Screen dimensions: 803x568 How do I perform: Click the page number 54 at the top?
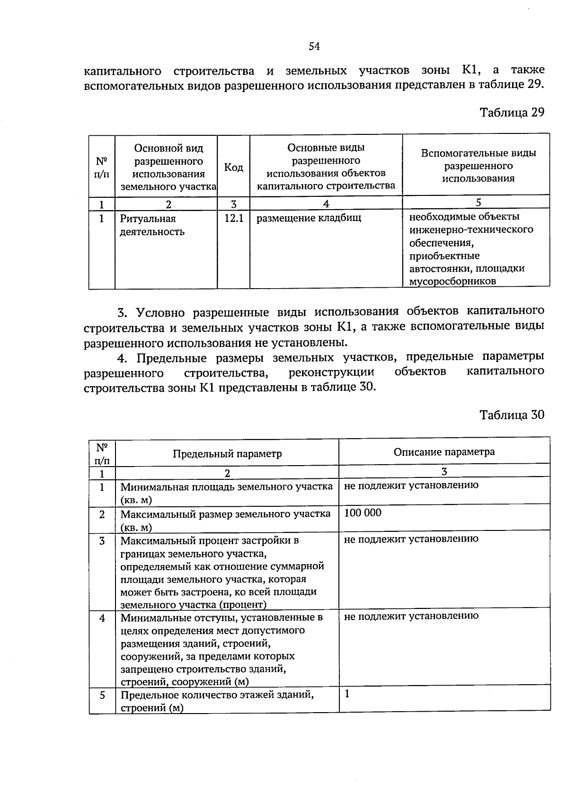[314, 46]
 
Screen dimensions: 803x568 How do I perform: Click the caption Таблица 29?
[512, 113]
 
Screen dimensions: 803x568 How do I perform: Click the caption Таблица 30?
[512, 415]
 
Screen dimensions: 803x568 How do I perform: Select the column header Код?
[233, 167]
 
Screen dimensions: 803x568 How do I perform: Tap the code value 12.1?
[233, 218]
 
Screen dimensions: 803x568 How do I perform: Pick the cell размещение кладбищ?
[309, 218]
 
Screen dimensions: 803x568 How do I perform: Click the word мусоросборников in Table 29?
[453, 282]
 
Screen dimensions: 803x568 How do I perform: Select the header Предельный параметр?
[227, 454]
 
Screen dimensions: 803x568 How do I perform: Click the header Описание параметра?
[444, 451]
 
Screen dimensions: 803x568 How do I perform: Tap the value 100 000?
[363, 513]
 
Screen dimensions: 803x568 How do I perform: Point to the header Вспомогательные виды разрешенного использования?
[478, 166]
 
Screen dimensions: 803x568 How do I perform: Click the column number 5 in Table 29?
[479, 202]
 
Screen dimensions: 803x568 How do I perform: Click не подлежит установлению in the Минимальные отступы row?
[411, 616]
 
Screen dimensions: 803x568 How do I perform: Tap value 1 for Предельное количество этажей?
[347, 694]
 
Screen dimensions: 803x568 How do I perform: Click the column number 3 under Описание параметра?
[444, 471]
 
